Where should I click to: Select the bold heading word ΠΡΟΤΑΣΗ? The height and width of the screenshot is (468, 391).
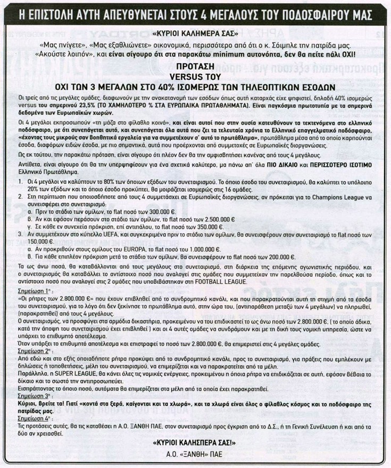tap(195, 66)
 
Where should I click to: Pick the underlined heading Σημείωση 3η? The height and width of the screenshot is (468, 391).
tap(28, 413)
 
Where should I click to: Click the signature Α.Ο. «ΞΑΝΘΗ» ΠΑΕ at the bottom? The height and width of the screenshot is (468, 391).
tap(195, 455)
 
